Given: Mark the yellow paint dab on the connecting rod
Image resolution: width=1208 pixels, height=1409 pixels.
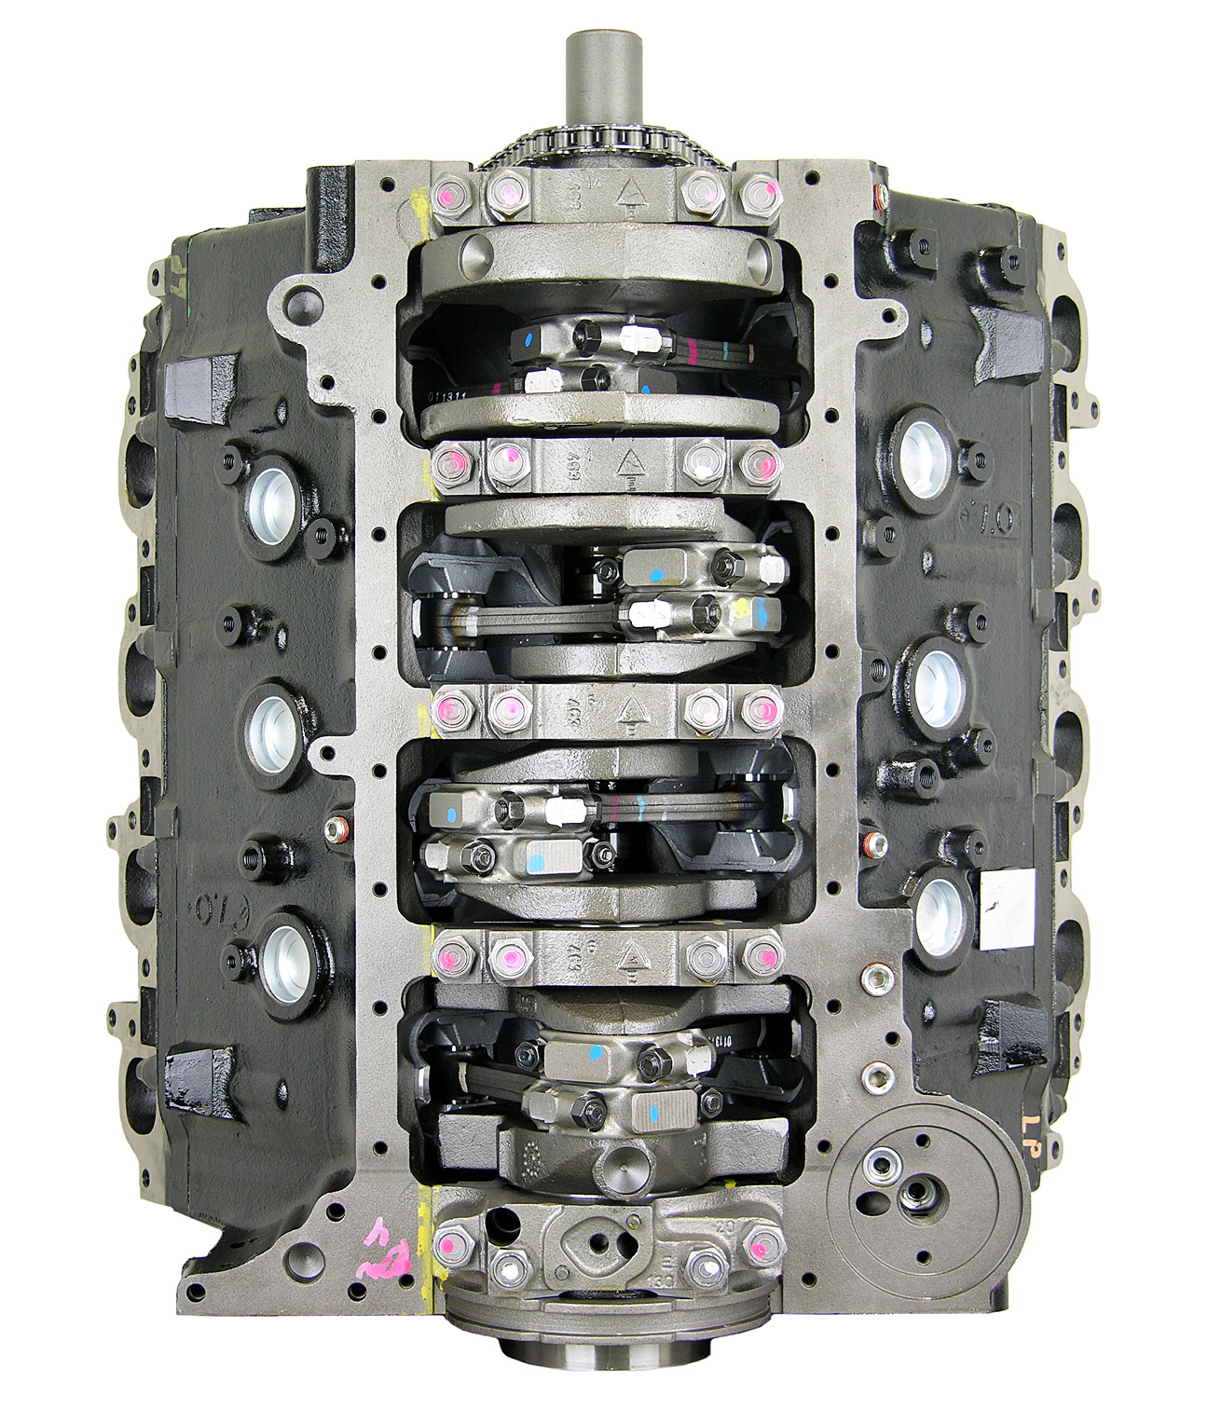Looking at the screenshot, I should point(743,609).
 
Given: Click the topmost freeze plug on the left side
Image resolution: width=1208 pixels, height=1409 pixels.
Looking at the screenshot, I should point(270,501).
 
